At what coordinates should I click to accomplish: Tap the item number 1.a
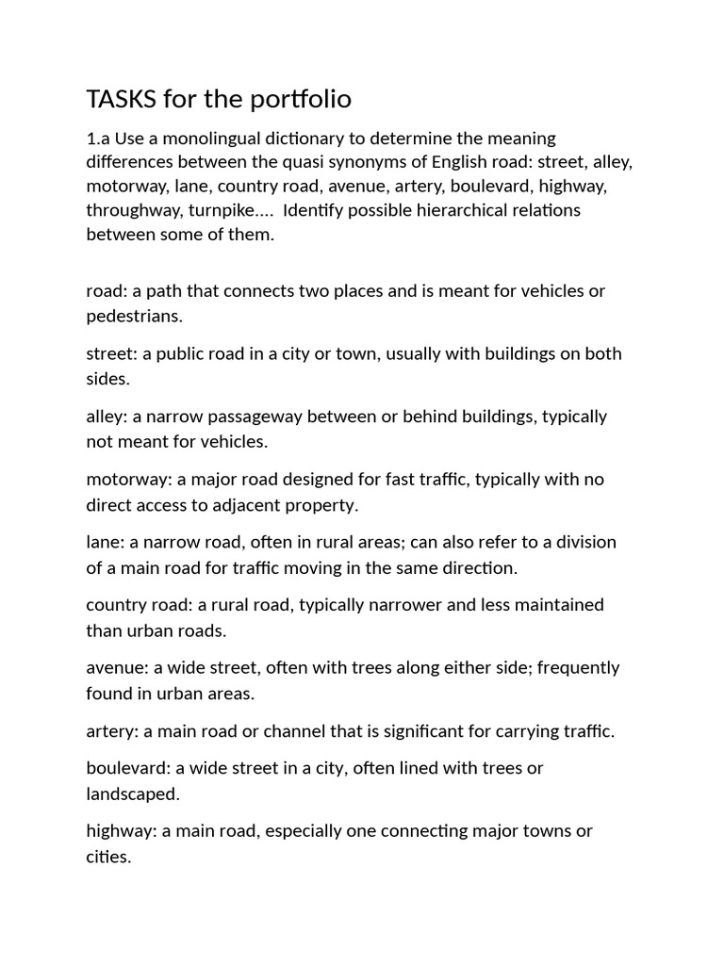pos(100,139)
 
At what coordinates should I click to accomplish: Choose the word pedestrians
pos(133,315)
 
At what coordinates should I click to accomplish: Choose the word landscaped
pos(131,793)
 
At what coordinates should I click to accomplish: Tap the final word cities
pos(107,857)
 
